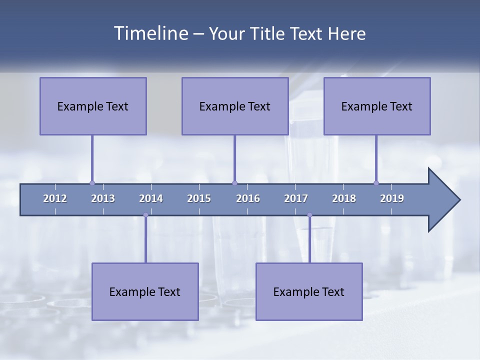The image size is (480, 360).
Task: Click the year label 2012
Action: pos(55,198)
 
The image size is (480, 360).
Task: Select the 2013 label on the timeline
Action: pos(103,198)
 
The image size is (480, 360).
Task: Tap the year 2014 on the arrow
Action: pos(151,198)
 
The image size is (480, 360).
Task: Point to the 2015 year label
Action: pos(199,198)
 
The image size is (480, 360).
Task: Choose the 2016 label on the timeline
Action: pos(248,198)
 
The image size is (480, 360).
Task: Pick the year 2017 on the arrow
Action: pos(296,198)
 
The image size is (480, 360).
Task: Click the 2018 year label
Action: pos(344,198)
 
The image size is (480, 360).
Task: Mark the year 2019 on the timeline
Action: pos(392,198)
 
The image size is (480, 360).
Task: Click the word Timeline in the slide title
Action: pos(150,33)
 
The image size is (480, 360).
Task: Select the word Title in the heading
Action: pos(267,34)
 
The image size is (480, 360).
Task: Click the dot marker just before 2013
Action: pos(92,183)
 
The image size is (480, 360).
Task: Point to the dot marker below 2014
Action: pos(145,215)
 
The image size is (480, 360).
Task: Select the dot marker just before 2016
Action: pos(234,183)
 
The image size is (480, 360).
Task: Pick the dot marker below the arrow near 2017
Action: pos(309,215)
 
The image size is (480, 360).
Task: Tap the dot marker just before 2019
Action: pos(376,183)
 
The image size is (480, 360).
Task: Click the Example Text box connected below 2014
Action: pos(145,291)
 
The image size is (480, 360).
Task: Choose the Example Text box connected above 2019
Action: pos(377,106)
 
